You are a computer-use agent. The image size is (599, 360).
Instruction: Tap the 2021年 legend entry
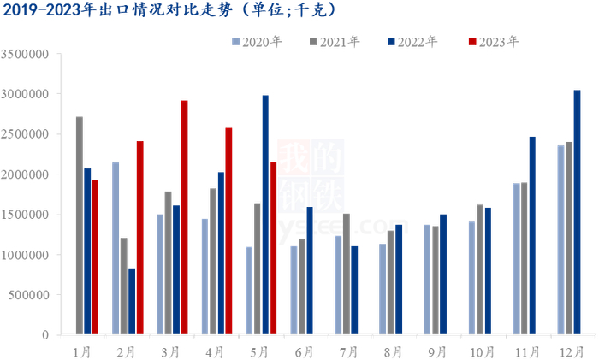(335, 41)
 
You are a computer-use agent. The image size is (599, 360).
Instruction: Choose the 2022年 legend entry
(412, 41)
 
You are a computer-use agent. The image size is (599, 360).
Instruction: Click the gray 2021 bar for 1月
(80, 226)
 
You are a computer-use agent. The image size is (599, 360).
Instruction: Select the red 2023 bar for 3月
(184, 217)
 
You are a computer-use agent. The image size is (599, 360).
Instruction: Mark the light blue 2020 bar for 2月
(116, 249)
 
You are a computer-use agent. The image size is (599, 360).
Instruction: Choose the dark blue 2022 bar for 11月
(532, 235)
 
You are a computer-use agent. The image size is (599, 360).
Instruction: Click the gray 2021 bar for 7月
(346, 274)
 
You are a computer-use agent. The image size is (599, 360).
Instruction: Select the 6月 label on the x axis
(302, 351)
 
